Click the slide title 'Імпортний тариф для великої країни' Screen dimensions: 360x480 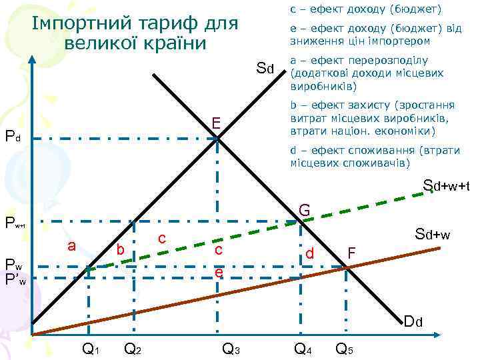tap(135, 33)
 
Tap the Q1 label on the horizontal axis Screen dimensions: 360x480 tap(91, 347)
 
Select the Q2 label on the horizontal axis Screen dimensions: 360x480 tap(134, 347)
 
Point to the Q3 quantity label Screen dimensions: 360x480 tap(231, 347)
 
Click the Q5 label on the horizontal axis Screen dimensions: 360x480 tap(345, 347)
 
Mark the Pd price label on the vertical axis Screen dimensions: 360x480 tap(13, 139)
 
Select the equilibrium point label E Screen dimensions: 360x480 tap(216, 123)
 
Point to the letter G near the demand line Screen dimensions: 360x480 tap(305, 211)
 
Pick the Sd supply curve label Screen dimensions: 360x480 tap(266, 68)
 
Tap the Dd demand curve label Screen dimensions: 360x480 tap(413, 323)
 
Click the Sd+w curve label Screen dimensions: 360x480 tap(433, 234)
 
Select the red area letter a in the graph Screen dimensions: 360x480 tap(71, 246)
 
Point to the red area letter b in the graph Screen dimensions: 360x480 tap(120, 250)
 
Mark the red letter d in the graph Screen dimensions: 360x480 tap(309, 253)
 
